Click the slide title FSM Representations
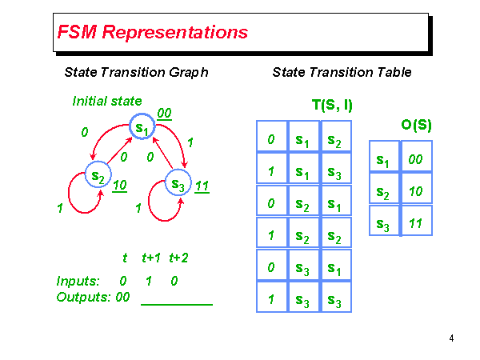152,33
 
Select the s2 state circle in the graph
98,176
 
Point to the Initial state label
107,101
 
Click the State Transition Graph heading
136,72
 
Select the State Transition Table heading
342,72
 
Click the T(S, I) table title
332,105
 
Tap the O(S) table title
416,125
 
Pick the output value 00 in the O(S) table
415,159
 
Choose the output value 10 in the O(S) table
415,192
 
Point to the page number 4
452,338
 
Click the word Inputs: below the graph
78,282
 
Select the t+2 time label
178,258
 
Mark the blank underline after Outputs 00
177,304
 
